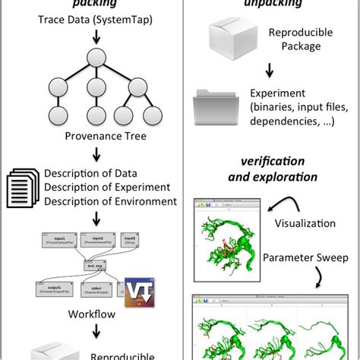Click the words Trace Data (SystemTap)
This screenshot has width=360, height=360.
click(x=95, y=18)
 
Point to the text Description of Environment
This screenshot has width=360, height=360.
click(x=110, y=202)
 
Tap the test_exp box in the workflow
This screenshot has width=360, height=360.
click(x=94, y=265)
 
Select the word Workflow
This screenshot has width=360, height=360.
click(x=94, y=314)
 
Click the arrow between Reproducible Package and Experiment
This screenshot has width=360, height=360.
click(x=270, y=73)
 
